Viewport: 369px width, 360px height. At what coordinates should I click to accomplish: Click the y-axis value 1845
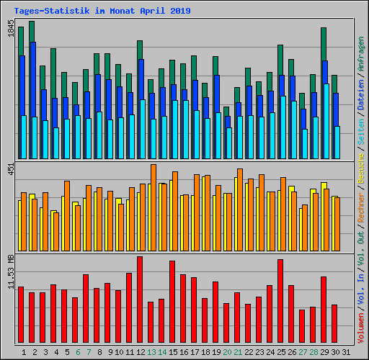(11, 31)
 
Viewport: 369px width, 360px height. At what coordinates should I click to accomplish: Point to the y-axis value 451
(11, 169)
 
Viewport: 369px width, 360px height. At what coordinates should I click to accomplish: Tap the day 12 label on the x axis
(140, 352)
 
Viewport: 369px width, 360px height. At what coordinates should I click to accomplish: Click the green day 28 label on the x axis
(314, 352)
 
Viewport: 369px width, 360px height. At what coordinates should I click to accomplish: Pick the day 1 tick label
(25, 352)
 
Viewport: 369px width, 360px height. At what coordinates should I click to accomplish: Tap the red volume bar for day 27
(302, 326)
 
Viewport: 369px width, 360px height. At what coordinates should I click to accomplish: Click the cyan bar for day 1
(24, 137)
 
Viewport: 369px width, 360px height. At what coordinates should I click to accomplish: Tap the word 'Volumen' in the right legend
(361, 325)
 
